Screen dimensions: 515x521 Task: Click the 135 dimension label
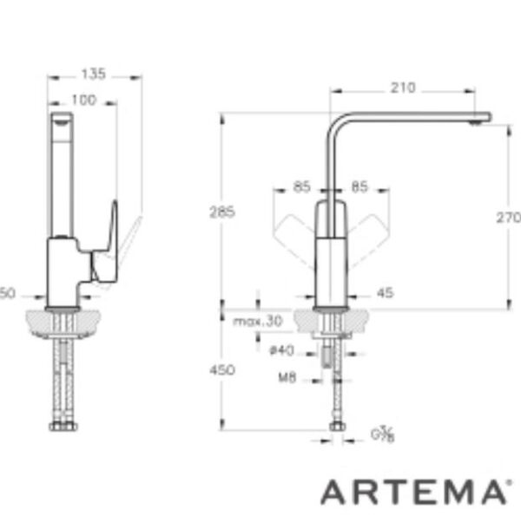(93, 75)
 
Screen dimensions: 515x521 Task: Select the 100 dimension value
(83, 101)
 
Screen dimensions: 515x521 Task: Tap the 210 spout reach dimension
(403, 87)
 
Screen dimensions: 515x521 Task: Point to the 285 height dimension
(221, 211)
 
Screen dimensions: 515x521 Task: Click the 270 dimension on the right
(508, 218)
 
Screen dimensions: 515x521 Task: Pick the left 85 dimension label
(301, 185)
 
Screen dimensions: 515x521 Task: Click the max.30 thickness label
(258, 321)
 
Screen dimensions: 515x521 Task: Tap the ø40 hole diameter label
(282, 350)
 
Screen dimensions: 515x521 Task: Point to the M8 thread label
(287, 377)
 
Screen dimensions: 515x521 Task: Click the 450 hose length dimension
(223, 370)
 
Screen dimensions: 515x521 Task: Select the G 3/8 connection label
(383, 434)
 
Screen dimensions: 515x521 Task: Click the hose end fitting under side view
(62, 426)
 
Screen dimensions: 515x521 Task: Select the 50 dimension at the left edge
(8, 294)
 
